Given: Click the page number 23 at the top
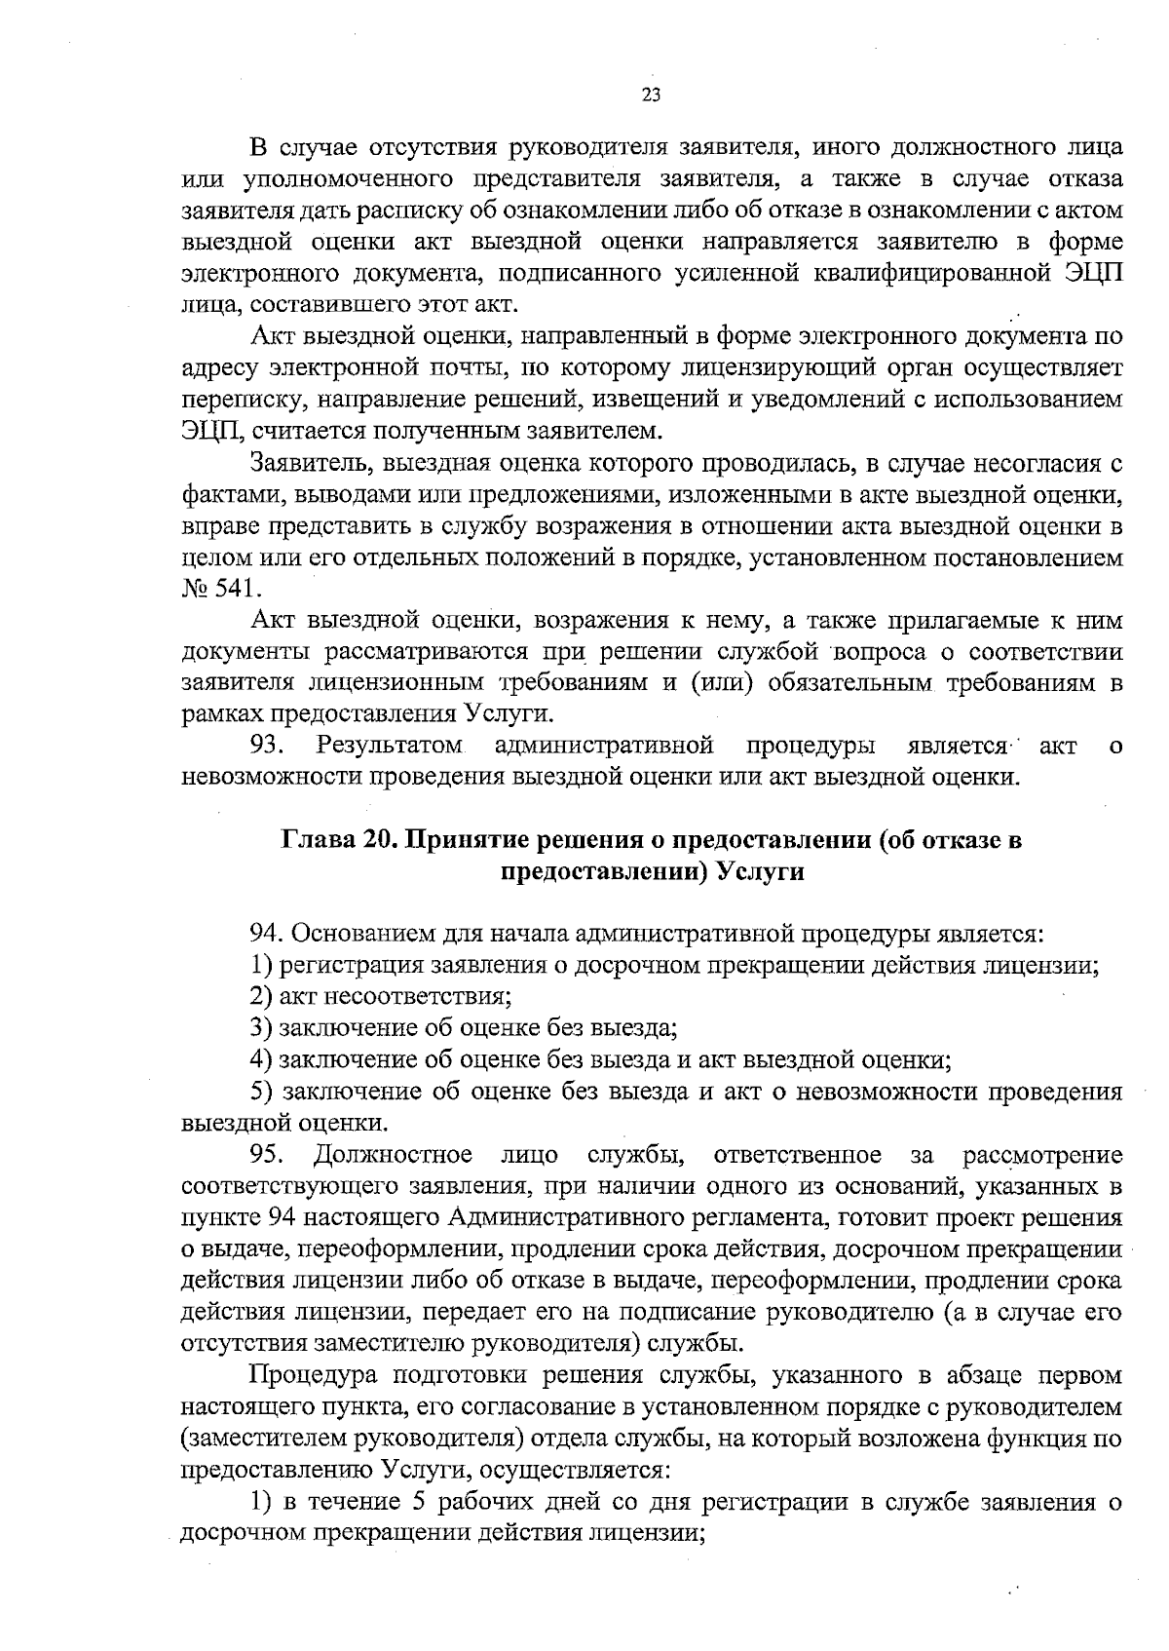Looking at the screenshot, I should [652, 95].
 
